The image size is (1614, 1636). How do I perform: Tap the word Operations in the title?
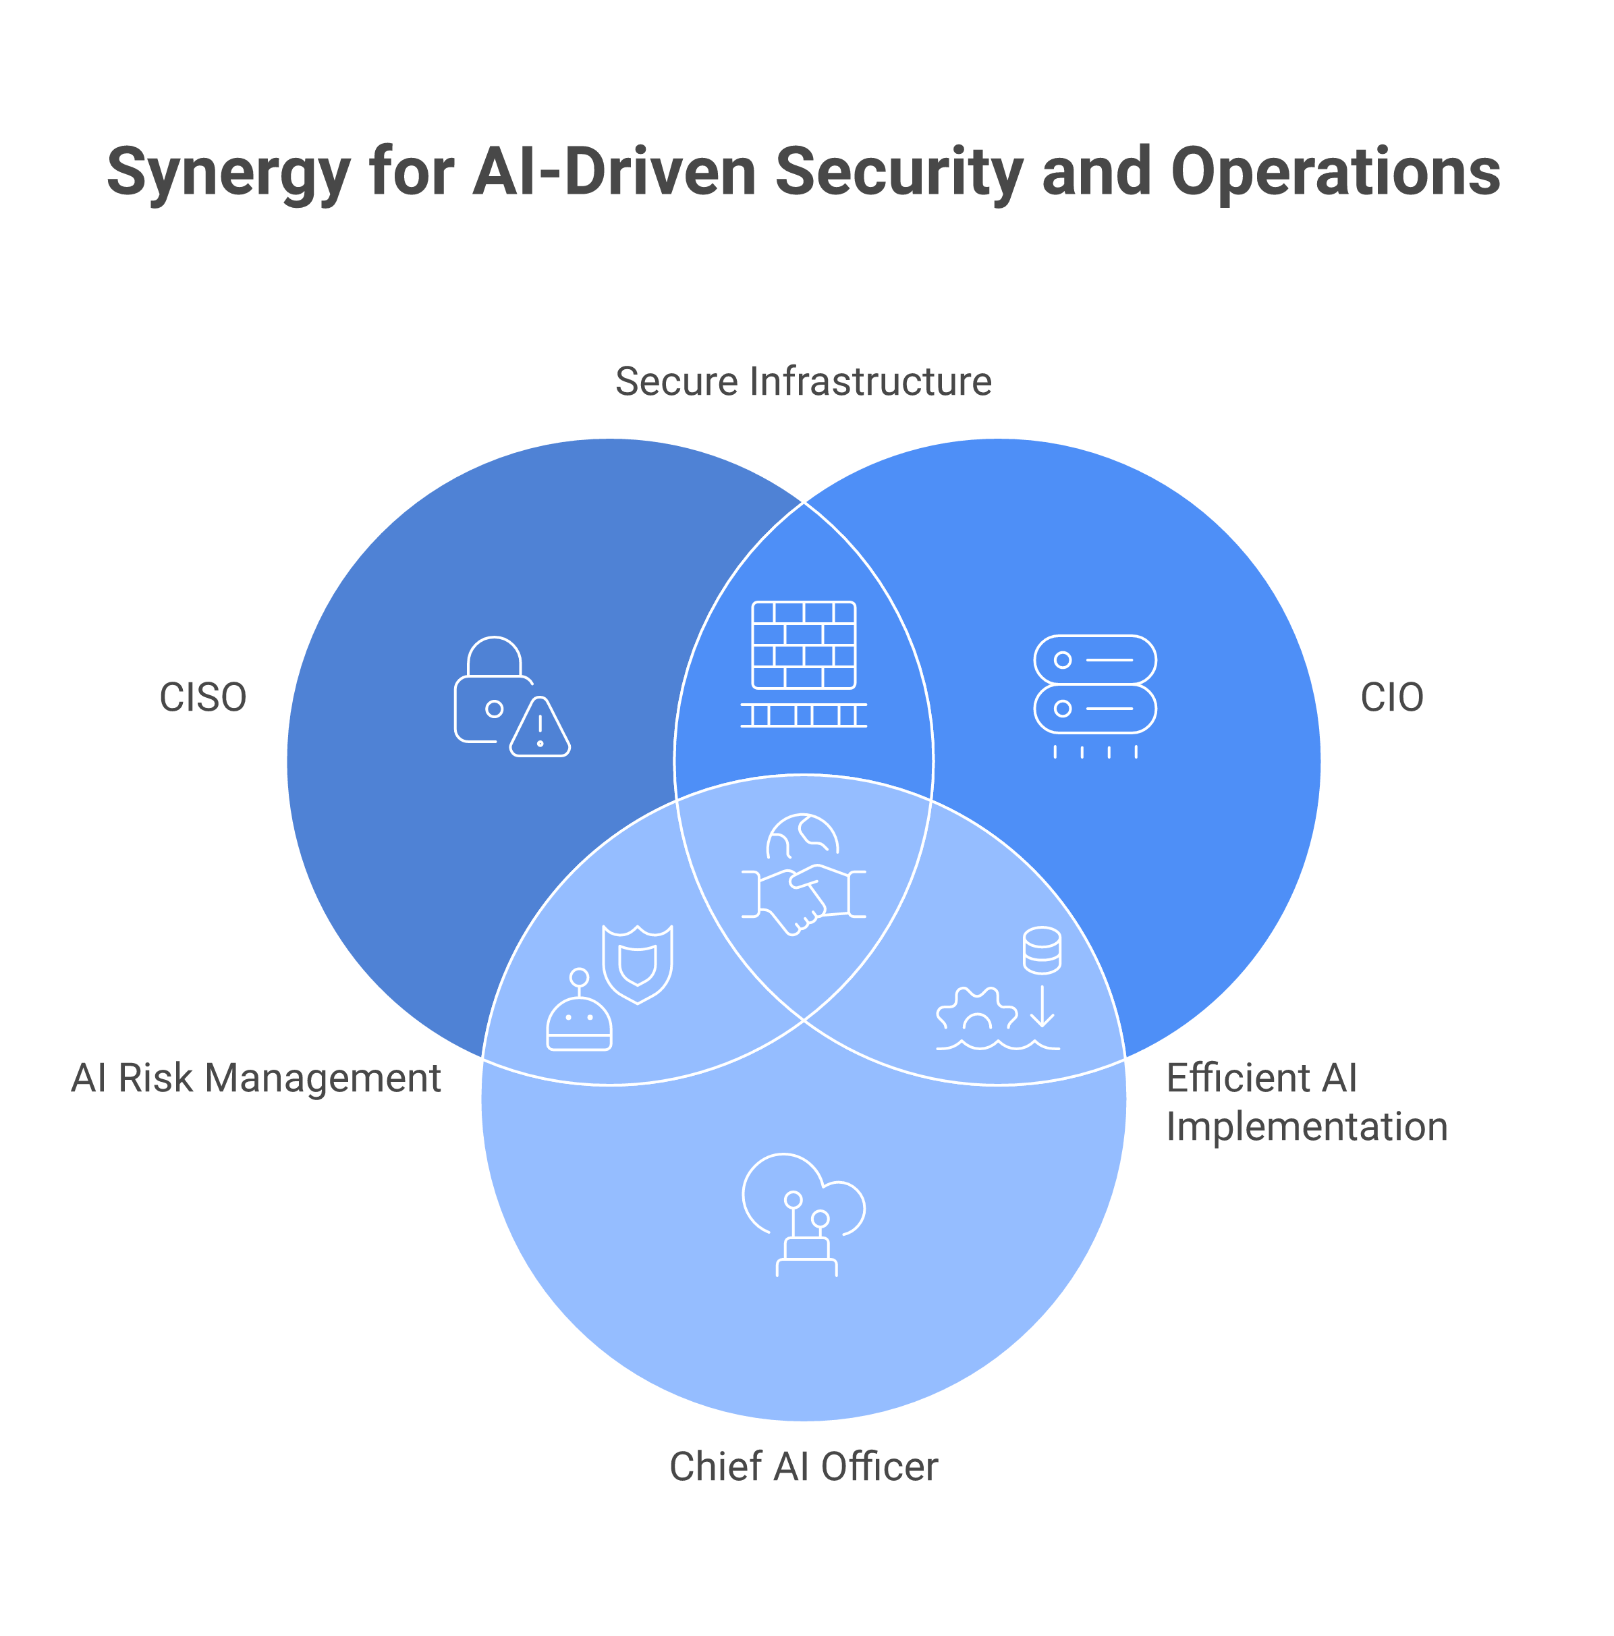pyautogui.click(x=1335, y=172)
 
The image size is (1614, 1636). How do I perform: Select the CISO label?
pyautogui.click(x=203, y=699)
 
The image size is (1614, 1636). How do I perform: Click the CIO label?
pyautogui.click(x=1391, y=699)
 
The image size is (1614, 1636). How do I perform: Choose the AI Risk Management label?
pyautogui.click(x=256, y=1079)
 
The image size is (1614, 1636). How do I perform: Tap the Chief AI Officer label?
pyautogui.click(x=803, y=1467)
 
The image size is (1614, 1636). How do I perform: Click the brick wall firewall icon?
pyautogui.click(x=803, y=645)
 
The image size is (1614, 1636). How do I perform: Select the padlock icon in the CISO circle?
pyautogui.click(x=489, y=690)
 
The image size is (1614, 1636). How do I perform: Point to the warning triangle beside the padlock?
pyautogui.click(x=539, y=728)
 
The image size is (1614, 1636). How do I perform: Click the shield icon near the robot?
pyautogui.click(x=637, y=963)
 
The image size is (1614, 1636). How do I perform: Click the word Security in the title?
pyautogui.click(x=899, y=172)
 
